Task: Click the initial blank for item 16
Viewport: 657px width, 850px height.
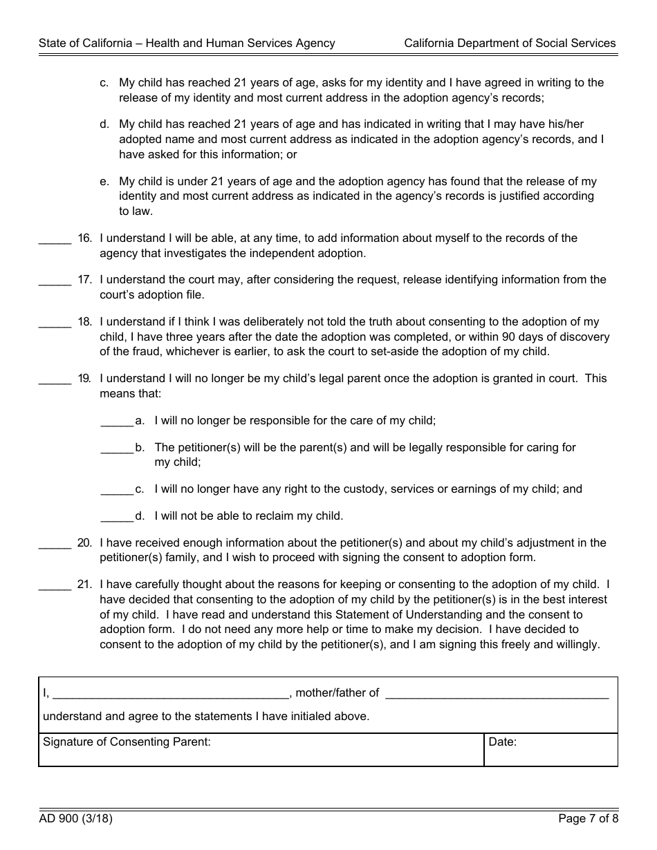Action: (55, 241)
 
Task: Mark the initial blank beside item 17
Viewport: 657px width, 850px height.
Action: (55, 283)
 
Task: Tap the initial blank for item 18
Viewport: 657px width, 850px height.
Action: (55, 325)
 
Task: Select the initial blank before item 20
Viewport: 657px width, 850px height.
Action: (55, 546)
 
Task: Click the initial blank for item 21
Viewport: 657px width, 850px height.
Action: (55, 587)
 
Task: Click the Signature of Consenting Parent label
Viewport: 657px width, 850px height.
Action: (127, 742)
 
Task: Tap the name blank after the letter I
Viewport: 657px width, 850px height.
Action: (171, 695)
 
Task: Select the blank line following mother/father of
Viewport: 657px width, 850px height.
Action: (497, 695)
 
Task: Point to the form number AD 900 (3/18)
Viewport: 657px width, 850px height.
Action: (76, 820)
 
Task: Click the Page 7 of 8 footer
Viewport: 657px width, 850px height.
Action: (588, 820)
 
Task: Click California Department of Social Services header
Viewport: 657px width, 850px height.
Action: (510, 43)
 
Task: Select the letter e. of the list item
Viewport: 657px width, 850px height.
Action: (104, 181)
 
